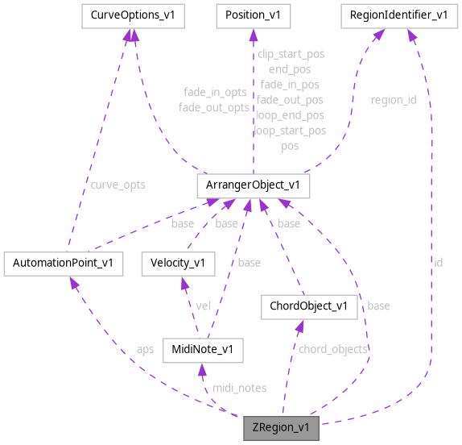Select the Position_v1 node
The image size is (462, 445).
click(x=253, y=15)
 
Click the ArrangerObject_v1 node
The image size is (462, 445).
click(x=254, y=185)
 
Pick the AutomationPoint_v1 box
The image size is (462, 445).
click(x=63, y=263)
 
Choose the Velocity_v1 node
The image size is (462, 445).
click(x=178, y=263)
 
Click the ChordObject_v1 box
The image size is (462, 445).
click(x=308, y=306)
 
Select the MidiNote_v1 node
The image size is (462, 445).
click(x=202, y=349)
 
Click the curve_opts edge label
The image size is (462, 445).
click(x=118, y=184)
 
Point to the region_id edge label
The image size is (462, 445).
click(x=393, y=100)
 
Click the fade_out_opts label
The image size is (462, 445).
click(x=214, y=107)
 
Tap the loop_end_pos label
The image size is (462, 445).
click(x=290, y=115)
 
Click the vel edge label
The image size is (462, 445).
click(x=204, y=306)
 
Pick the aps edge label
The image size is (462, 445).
click(x=145, y=349)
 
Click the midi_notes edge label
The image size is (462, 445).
click(x=239, y=388)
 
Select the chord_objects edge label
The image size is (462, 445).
click(x=333, y=349)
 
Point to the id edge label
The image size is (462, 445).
click(x=438, y=262)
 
